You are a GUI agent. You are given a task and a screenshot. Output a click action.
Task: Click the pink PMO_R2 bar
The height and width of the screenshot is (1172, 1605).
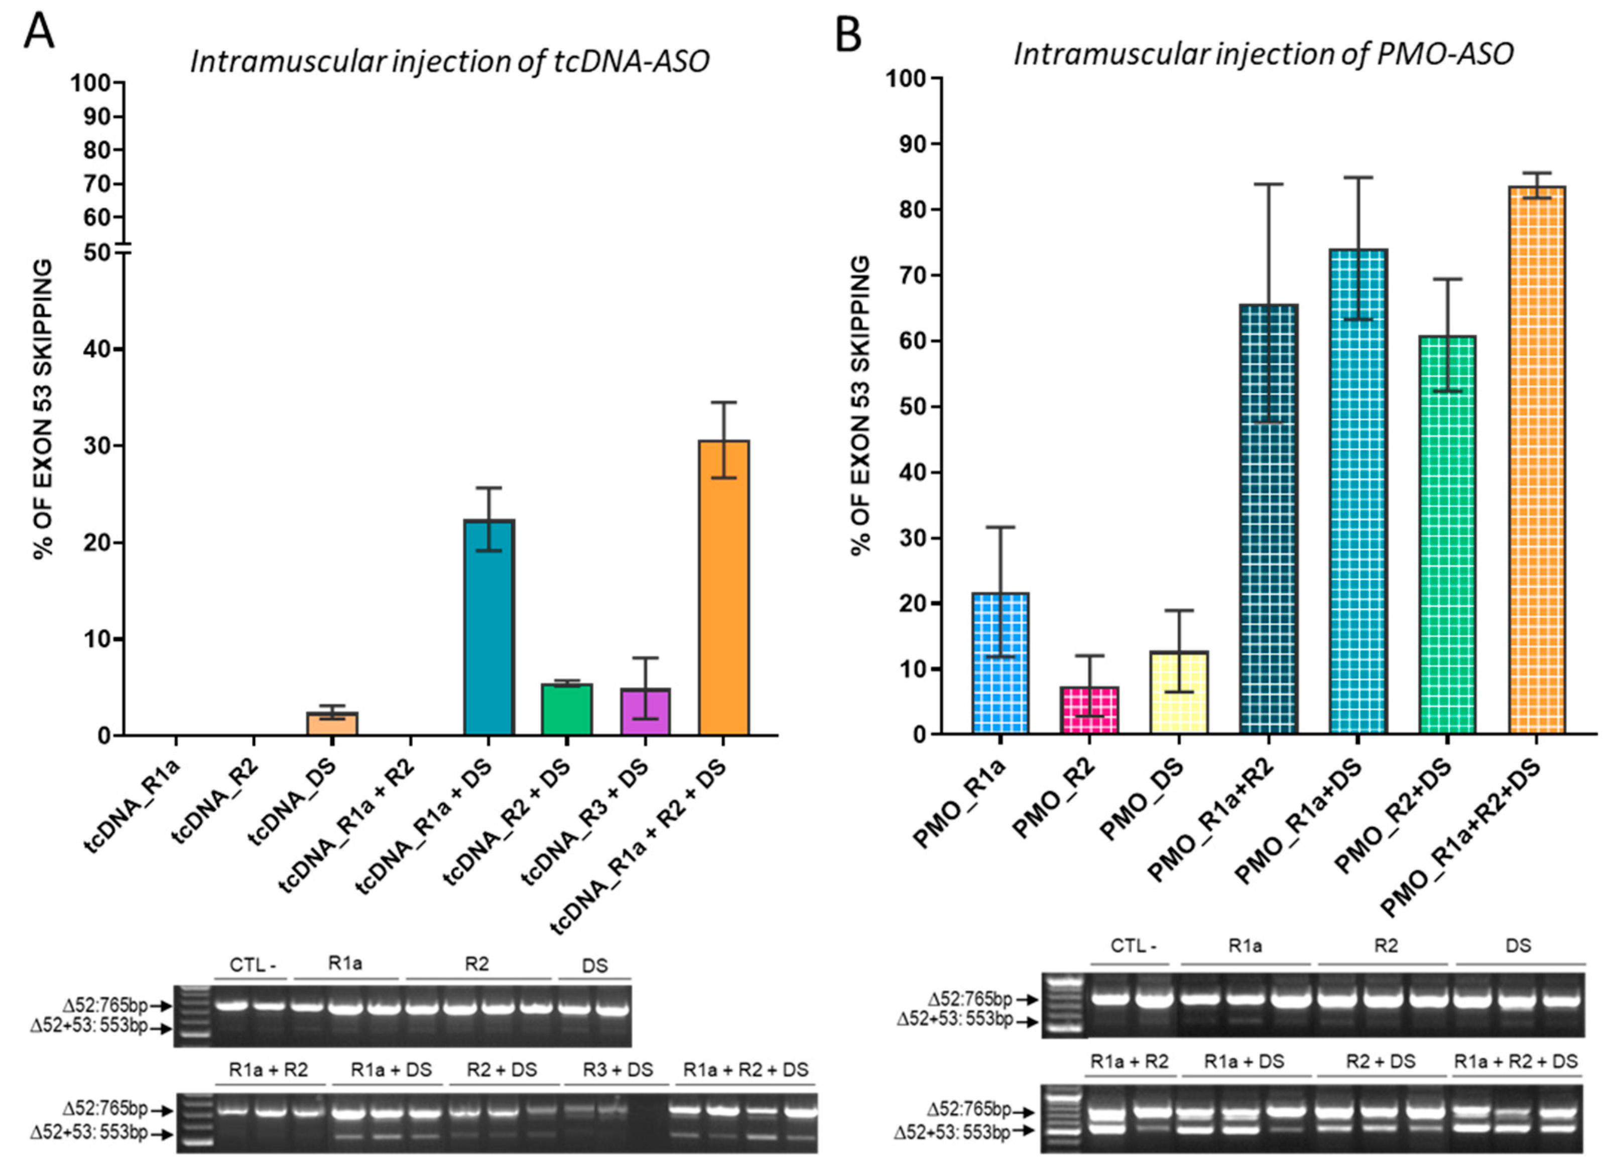(1088, 711)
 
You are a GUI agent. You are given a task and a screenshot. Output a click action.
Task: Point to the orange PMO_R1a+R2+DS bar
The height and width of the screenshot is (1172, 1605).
(1535, 461)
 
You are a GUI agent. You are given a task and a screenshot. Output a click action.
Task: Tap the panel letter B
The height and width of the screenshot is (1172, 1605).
(848, 34)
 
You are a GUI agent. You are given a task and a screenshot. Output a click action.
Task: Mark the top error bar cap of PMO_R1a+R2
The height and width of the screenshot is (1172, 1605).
(1268, 184)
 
